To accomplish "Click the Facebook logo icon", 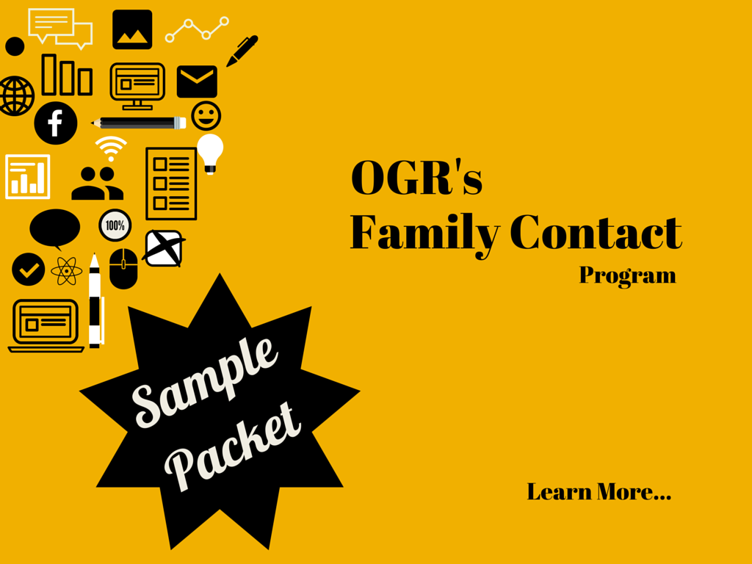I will pos(55,123).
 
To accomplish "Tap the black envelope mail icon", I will pos(197,82).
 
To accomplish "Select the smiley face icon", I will pos(206,115).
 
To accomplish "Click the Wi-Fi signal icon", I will pos(111,149).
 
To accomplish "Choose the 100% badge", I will pos(115,225).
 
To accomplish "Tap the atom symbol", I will pos(67,271).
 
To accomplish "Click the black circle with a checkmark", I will pos(29,270).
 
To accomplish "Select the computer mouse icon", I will pos(123,268).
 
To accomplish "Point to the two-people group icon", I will pos(98,184).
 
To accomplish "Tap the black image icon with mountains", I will pos(132,29).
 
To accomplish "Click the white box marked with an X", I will pos(163,248).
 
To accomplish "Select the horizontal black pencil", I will pos(140,123).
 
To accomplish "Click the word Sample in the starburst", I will pos(206,382).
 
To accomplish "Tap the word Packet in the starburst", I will pos(234,446).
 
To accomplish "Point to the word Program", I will pos(627,276).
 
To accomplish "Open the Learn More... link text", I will pos(599,491).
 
